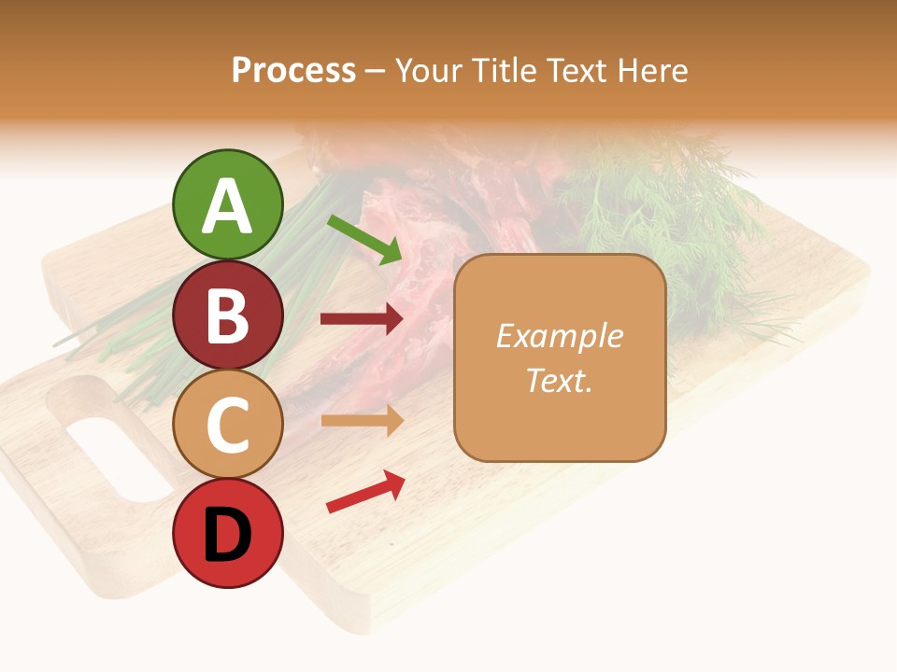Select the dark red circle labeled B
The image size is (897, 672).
click(x=227, y=315)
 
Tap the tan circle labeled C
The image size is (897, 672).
click(x=227, y=424)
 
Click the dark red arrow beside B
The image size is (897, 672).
click(x=362, y=319)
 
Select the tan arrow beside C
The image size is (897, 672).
click(x=362, y=420)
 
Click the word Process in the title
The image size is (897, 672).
click(x=293, y=71)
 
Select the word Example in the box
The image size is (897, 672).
click(x=559, y=336)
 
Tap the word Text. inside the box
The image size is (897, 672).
click(x=559, y=380)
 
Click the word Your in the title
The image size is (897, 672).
click(x=429, y=71)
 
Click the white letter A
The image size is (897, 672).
click(x=227, y=207)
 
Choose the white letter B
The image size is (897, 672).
click(x=227, y=316)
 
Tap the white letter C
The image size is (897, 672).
click(x=227, y=426)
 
